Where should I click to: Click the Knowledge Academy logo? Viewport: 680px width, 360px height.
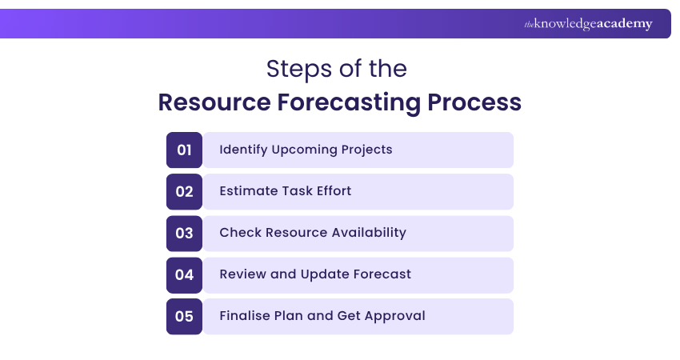[588, 24]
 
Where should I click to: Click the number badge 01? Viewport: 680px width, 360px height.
[184, 150]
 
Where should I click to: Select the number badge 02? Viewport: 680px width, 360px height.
[184, 192]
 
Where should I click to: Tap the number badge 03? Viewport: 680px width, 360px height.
[184, 234]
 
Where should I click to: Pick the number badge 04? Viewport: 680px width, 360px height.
[184, 275]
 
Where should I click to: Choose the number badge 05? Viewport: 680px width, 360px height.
[184, 317]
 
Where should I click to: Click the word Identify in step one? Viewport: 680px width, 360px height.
[243, 150]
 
